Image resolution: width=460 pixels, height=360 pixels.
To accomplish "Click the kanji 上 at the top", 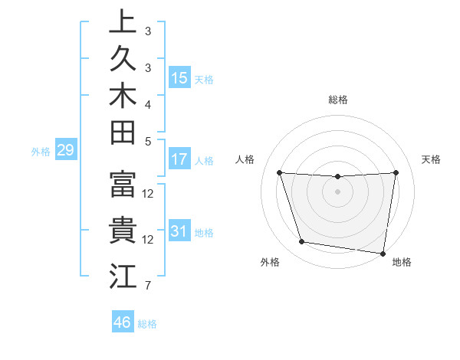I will click(x=123, y=21).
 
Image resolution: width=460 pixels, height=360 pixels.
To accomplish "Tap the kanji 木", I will click(x=123, y=97).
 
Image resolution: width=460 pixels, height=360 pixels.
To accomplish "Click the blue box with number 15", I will click(x=179, y=77).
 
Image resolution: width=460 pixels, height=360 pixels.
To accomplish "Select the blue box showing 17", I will click(x=179, y=159).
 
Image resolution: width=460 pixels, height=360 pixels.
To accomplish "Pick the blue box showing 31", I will click(x=179, y=231).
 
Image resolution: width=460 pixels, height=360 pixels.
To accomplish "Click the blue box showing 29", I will click(x=65, y=150).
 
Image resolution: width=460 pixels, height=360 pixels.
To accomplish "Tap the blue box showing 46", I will click(x=123, y=322).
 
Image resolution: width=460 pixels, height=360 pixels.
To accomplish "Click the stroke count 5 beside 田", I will click(x=148, y=141).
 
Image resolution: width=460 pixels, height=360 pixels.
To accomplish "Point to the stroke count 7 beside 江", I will click(x=148, y=286).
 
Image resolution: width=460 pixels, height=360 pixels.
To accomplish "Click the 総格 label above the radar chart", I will click(x=338, y=100).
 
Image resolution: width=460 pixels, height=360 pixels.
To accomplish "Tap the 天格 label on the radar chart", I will click(x=431, y=159).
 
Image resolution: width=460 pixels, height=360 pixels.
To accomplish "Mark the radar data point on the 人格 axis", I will click(x=280, y=172).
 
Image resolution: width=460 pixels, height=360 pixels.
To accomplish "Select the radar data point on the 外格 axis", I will click(x=302, y=242).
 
